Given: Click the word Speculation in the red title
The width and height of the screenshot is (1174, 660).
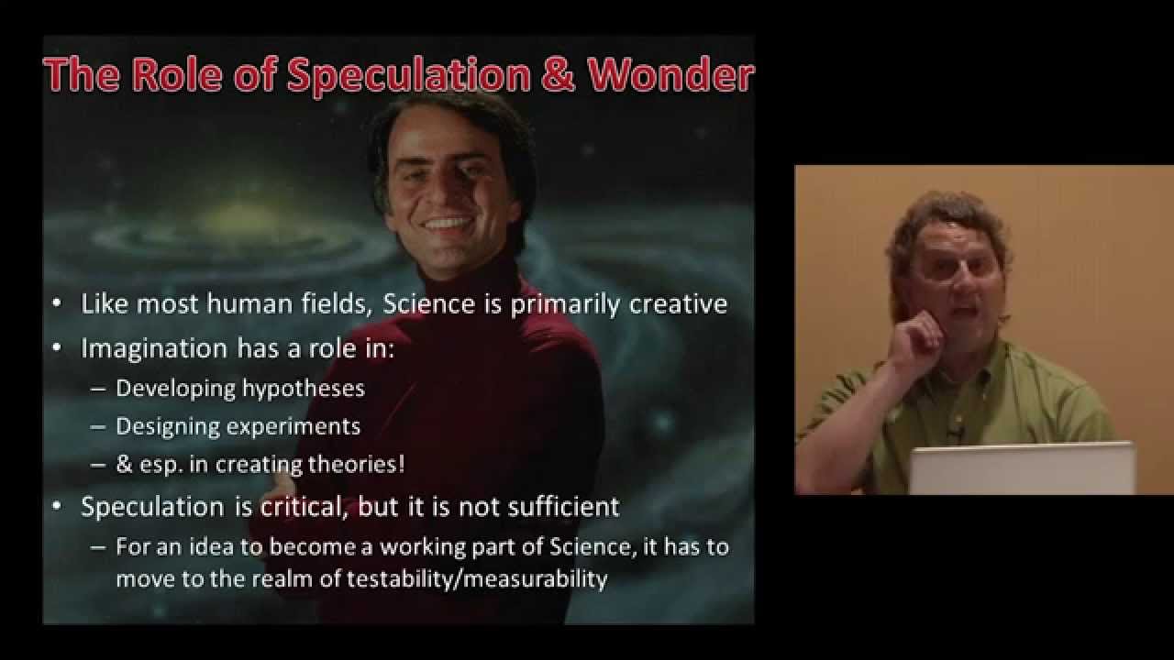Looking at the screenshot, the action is click(x=409, y=76).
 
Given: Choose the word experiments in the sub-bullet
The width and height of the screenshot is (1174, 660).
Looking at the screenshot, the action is click(x=293, y=427).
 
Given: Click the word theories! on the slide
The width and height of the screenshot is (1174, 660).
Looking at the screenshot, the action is click(x=357, y=464).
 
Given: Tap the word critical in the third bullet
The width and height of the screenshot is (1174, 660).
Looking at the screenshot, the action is click(x=305, y=507).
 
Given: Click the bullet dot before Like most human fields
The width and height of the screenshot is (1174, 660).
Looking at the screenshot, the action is click(x=57, y=303).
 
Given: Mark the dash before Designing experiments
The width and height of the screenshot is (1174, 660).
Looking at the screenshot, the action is click(x=98, y=426).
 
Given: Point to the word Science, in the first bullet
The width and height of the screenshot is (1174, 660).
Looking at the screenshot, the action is click(x=428, y=303).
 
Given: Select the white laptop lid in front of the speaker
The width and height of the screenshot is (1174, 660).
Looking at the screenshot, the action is click(x=1022, y=468).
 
